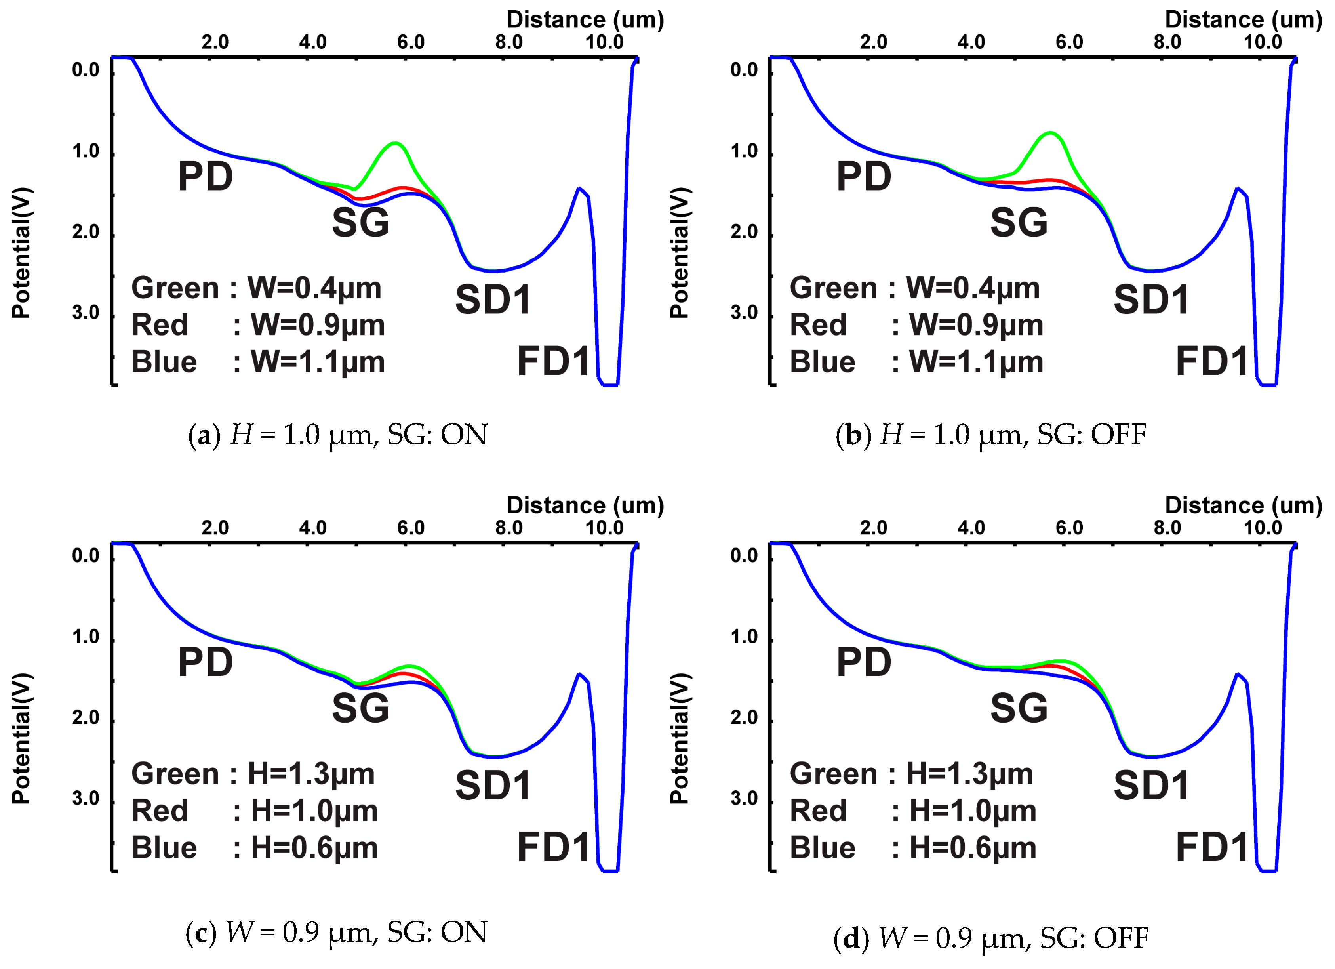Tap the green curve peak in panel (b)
click(x=1050, y=132)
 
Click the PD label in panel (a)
click(x=206, y=177)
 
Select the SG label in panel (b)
click(x=1019, y=223)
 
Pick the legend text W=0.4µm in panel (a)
click(x=314, y=288)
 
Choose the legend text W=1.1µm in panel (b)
click(x=976, y=361)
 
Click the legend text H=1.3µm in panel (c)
click(x=311, y=774)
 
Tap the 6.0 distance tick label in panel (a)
click(x=411, y=42)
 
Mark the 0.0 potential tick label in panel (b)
click(x=744, y=70)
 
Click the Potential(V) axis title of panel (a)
click(x=21, y=253)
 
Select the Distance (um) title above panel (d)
click(x=1243, y=505)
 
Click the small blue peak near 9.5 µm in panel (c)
click(x=580, y=674)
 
